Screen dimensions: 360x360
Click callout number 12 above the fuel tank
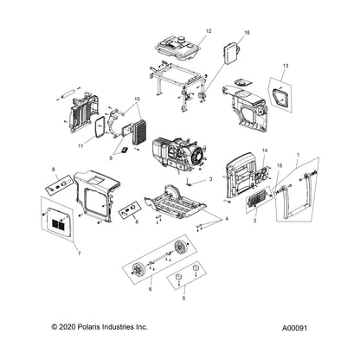tap(209, 31)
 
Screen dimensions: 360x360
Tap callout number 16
tap(247, 33)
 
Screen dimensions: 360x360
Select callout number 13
tap(286, 66)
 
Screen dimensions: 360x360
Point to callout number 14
tap(265, 151)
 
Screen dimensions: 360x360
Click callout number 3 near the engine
tap(211, 179)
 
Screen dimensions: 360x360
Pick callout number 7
tap(79, 254)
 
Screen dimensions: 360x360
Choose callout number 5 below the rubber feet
tap(183, 299)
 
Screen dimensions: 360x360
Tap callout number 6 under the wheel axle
tap(150, 289)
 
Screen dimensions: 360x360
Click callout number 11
tap(80, 146)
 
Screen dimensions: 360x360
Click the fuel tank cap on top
tap(182, 39)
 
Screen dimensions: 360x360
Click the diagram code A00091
tap(294, 328)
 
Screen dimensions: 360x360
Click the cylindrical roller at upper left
tap(68, 93)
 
